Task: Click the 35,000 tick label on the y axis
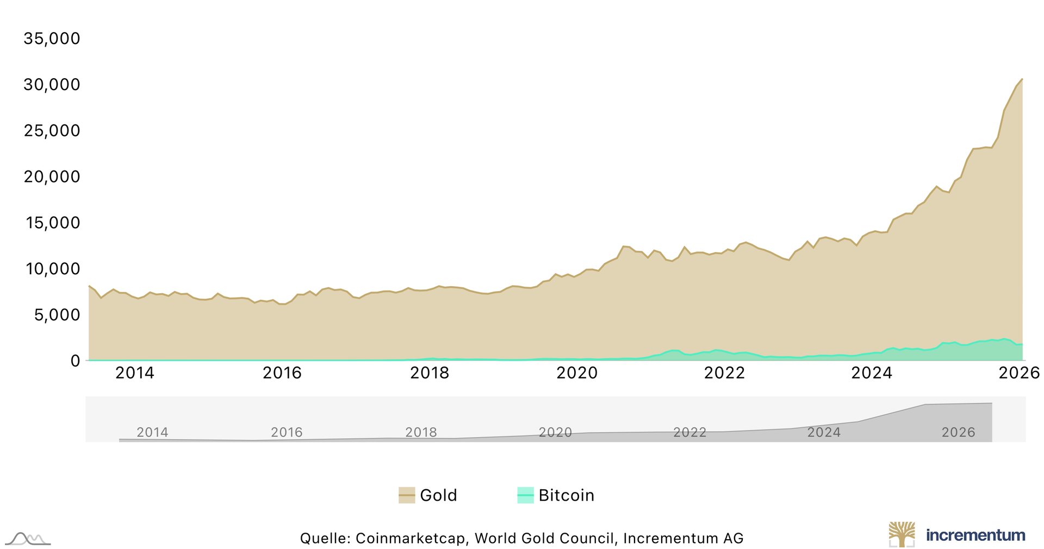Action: (52, 39)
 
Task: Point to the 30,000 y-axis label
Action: (52, 85)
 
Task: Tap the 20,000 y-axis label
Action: (52, 177)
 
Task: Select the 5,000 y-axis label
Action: (57, 315)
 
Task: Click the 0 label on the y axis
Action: (75, 361)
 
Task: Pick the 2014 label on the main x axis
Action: (135, 373)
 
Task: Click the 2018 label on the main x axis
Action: (430, 373)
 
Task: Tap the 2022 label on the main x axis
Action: (724, 373)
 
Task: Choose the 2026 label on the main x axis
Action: (1019, 373)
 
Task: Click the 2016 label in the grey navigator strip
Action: (287, 432)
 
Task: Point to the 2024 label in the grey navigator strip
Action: (824, 432)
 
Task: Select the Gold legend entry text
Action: (438, 495)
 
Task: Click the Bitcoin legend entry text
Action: (566, 495)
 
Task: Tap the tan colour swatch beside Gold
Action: (407, 495)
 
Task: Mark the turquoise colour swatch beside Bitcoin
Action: (525, 495)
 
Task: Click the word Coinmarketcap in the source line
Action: (411, 538)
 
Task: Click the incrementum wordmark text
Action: (975, 535)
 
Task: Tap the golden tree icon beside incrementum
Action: (902, 534)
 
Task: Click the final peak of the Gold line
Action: (1022, 79)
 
